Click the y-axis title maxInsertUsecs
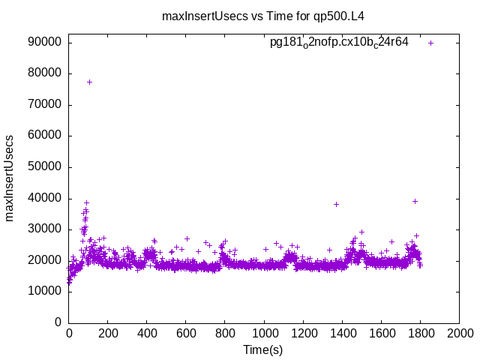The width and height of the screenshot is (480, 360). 10,178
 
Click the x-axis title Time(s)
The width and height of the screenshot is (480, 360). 263,349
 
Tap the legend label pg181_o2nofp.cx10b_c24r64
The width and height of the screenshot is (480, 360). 339,43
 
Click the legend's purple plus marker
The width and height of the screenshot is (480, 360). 431,43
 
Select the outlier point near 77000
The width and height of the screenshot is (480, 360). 89,82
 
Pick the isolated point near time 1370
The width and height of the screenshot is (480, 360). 336,204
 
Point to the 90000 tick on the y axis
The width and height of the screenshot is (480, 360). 44,42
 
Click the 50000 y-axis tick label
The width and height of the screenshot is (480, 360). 44,167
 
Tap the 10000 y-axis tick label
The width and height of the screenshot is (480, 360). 44,292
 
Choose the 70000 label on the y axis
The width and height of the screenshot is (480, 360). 44,105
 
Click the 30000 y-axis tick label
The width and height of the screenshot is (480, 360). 44,229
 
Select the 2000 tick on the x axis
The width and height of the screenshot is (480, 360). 459,333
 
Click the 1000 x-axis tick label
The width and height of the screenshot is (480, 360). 264,333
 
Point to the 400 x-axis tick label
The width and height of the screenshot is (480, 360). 147,333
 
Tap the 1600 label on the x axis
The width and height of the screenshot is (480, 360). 381,333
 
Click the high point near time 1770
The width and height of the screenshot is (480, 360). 415,201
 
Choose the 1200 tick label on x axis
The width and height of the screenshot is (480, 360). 303,333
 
